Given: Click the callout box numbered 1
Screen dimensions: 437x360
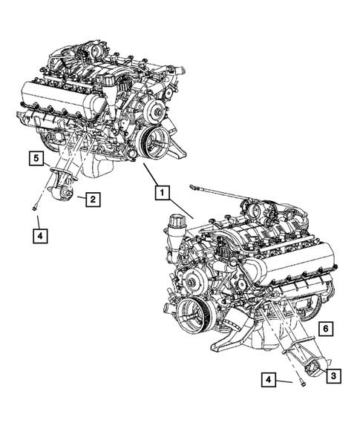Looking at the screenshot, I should pos(160,191).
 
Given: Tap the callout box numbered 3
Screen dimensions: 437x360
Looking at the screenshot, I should pos(333,376).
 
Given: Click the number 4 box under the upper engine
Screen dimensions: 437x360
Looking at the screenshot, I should pos(39,237).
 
